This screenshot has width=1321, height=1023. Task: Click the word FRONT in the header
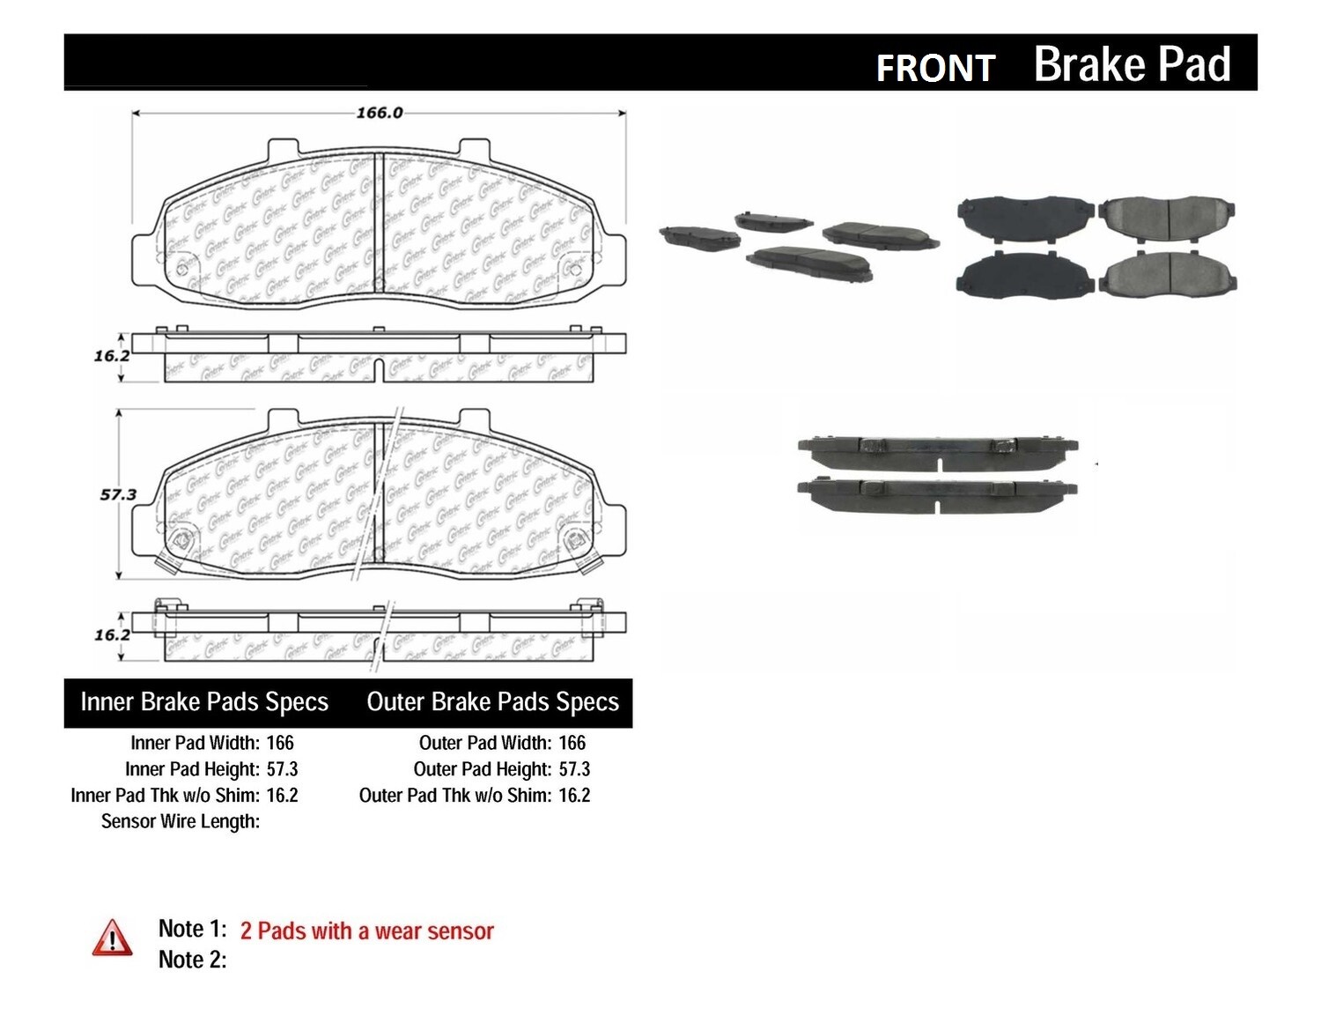click(935, 68)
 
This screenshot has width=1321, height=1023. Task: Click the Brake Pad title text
click(1132, 64)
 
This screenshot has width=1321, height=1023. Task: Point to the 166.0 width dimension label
click(379, 113)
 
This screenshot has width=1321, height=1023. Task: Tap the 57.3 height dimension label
click(117, 494)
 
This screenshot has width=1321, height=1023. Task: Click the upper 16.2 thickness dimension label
click(112, 356)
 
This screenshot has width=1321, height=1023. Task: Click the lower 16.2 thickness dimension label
click(112, 634)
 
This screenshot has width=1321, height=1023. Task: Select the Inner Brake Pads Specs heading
click(204, 702)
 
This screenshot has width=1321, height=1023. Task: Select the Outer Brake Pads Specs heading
click(492, 702)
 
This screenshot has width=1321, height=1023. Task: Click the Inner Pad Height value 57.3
click(282, 769)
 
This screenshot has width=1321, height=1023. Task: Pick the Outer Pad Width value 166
click(572, 743)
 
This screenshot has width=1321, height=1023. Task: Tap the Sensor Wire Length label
click(181, 821)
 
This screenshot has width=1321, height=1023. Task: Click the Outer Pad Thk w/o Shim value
click(574, 795)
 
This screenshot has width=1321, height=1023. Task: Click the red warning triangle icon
click(112, 938)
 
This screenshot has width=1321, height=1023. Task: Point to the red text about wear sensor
click(366, 931)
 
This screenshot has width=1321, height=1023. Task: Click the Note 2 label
click(192, 960)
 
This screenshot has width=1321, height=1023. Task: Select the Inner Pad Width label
click(195, 743)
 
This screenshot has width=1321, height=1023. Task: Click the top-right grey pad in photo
click(1170, 217)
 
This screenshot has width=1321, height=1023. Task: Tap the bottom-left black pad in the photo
click(1024, 275)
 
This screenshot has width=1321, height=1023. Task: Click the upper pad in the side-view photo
click(937, 454)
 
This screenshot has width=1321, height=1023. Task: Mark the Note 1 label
click(192, 929)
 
